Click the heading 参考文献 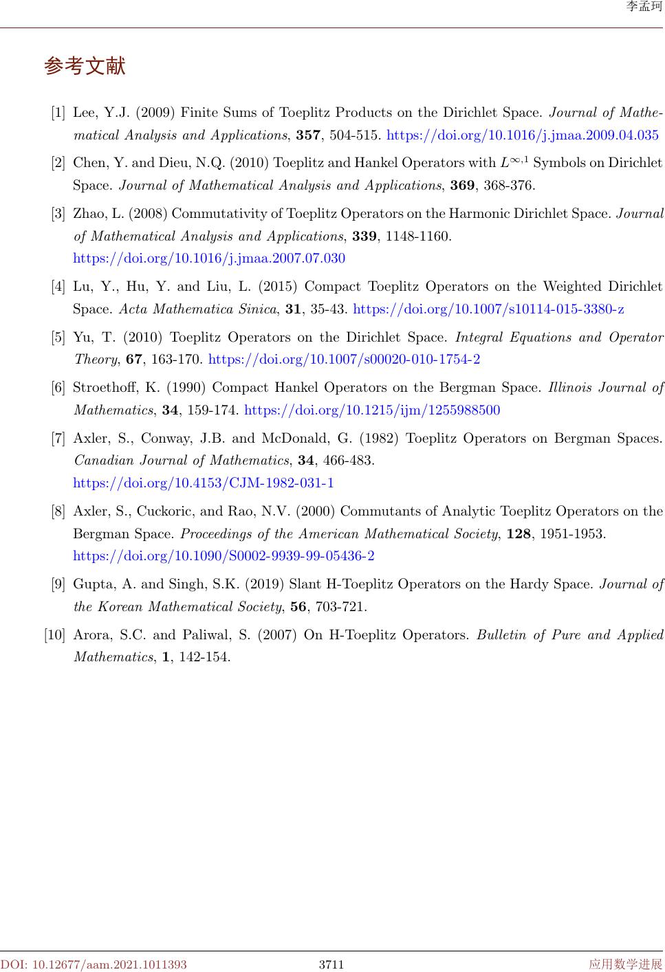[85, 67]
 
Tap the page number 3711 [331, 964]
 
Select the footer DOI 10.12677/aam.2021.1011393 [94, 964]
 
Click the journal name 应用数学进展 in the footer [625, 964]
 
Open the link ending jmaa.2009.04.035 [523, 135]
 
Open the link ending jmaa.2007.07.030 [209, 258]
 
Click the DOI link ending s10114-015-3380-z [488, 309]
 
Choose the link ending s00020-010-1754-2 [344, 360]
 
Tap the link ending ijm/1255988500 [372, 410]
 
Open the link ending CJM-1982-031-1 [204, 483]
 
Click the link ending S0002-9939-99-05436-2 [224, 556]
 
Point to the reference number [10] [54, 634]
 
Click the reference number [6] [58, 388]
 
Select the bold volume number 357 [308, 135]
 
